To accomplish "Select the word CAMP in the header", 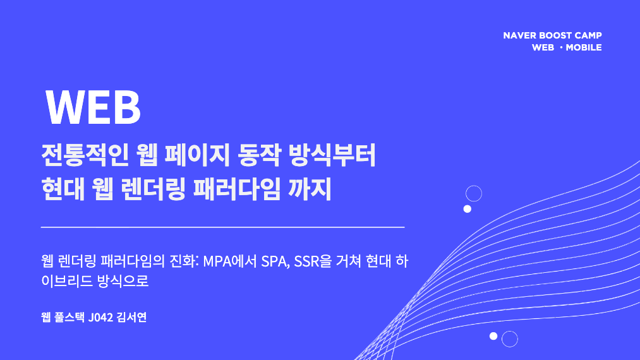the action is pyautogui.click(x=588, y=35).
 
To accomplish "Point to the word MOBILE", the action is pyautogui.click(x=584, y=47).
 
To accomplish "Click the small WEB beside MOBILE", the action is pyautogui.click(x=543, y=47).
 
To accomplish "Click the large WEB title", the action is pyautogui.click(x=93, y=107).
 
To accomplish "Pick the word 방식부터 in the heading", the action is pyautogui.click(x=332, y=155).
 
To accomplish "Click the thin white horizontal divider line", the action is pyautogui.click(x=222, y=227).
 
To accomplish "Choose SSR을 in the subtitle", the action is pyautogui.click(x=313, y=261).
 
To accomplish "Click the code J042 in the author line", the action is pyautogui.click(x=100, y=317).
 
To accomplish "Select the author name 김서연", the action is pyautogui.click(x=131, y=317).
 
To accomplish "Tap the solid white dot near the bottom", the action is pyautogui.click(x=493, y=336).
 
